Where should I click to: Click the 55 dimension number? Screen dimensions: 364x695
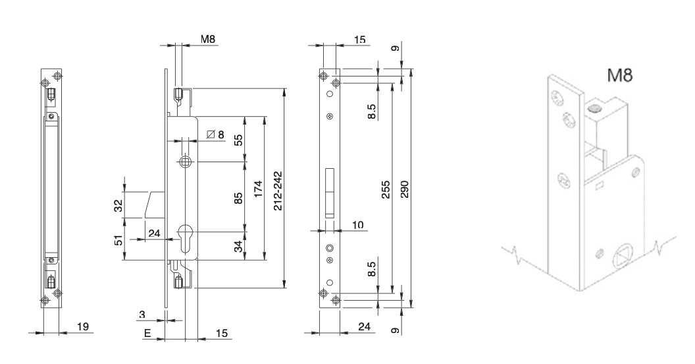tap(239, 140)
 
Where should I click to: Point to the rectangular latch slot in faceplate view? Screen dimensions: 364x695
tap(330, 195)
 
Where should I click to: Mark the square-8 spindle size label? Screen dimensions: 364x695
tap(215, 135)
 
